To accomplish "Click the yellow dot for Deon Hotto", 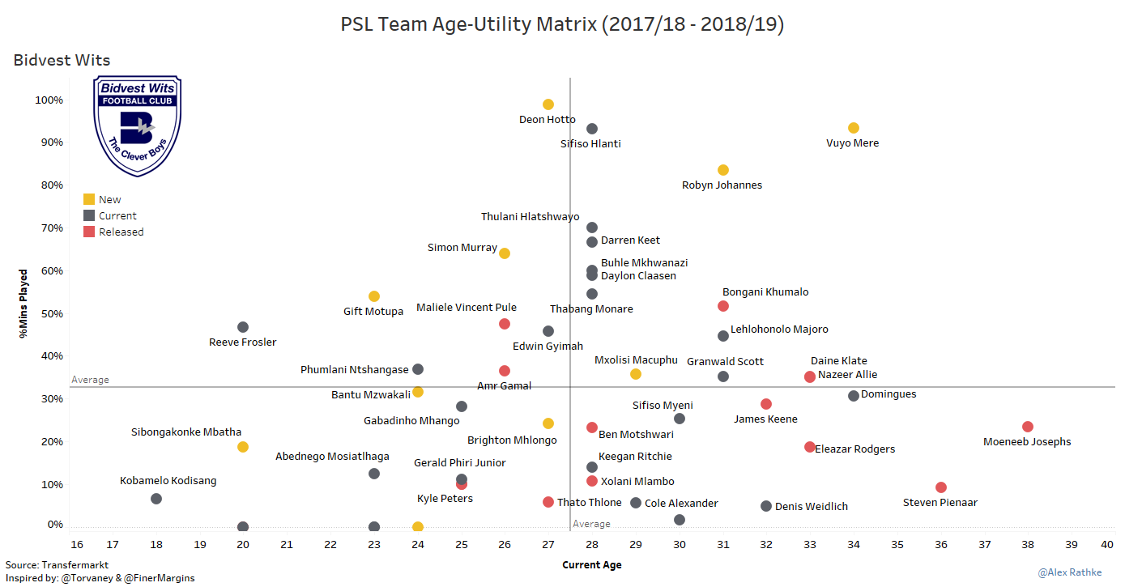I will [x=548, y=104].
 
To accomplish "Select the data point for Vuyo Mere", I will [x=854, y=128].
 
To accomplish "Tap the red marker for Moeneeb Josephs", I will [x=1028, y=427].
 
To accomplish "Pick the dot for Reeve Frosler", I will [x=243, y=327].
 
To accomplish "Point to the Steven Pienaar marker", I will [x=941, y=487].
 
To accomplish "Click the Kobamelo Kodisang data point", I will [x=156, y=499].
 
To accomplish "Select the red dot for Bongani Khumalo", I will [x=723, y=306].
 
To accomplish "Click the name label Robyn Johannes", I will [x=722, y=185].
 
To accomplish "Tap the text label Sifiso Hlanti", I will [x=590, y=144].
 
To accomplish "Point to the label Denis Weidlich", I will [x=812, y=507].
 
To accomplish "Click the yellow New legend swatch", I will [x=89, y=199].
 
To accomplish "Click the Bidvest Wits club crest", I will [x=138, y=125].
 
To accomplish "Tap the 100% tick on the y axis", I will [x=49, y=100].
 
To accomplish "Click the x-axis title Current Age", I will [x=592, y=565].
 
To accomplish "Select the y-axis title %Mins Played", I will [x=25, y=303].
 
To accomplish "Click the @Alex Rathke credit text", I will [x=1070, y=573].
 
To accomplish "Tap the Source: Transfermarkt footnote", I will [x=57, y=565].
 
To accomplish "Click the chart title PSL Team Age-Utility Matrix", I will [x=562, y=25].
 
